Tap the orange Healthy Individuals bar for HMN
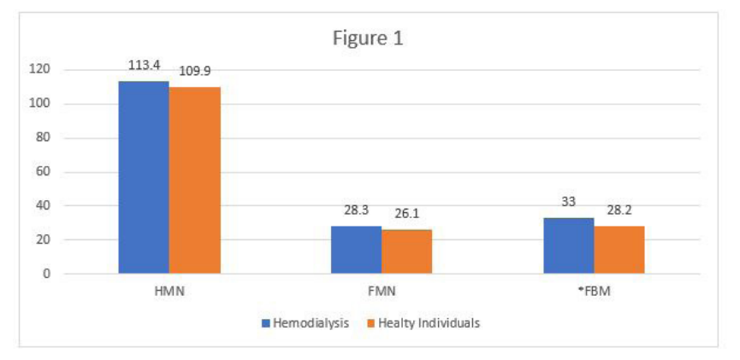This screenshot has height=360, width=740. tap(194, 180)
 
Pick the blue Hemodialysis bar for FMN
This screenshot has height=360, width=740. tap(356, 250)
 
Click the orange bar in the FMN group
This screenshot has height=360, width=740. tap(406, 251)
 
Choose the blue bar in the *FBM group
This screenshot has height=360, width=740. tap(568, 245)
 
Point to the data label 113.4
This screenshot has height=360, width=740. tap(144, 64)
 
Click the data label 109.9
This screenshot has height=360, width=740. tap(195, 71)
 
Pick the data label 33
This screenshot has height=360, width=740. tap(568, 203)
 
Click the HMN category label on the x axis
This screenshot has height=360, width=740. tap(169, 292)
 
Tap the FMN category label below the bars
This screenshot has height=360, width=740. tap(382, 292)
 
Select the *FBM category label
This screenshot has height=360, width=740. tap(593, 292)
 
